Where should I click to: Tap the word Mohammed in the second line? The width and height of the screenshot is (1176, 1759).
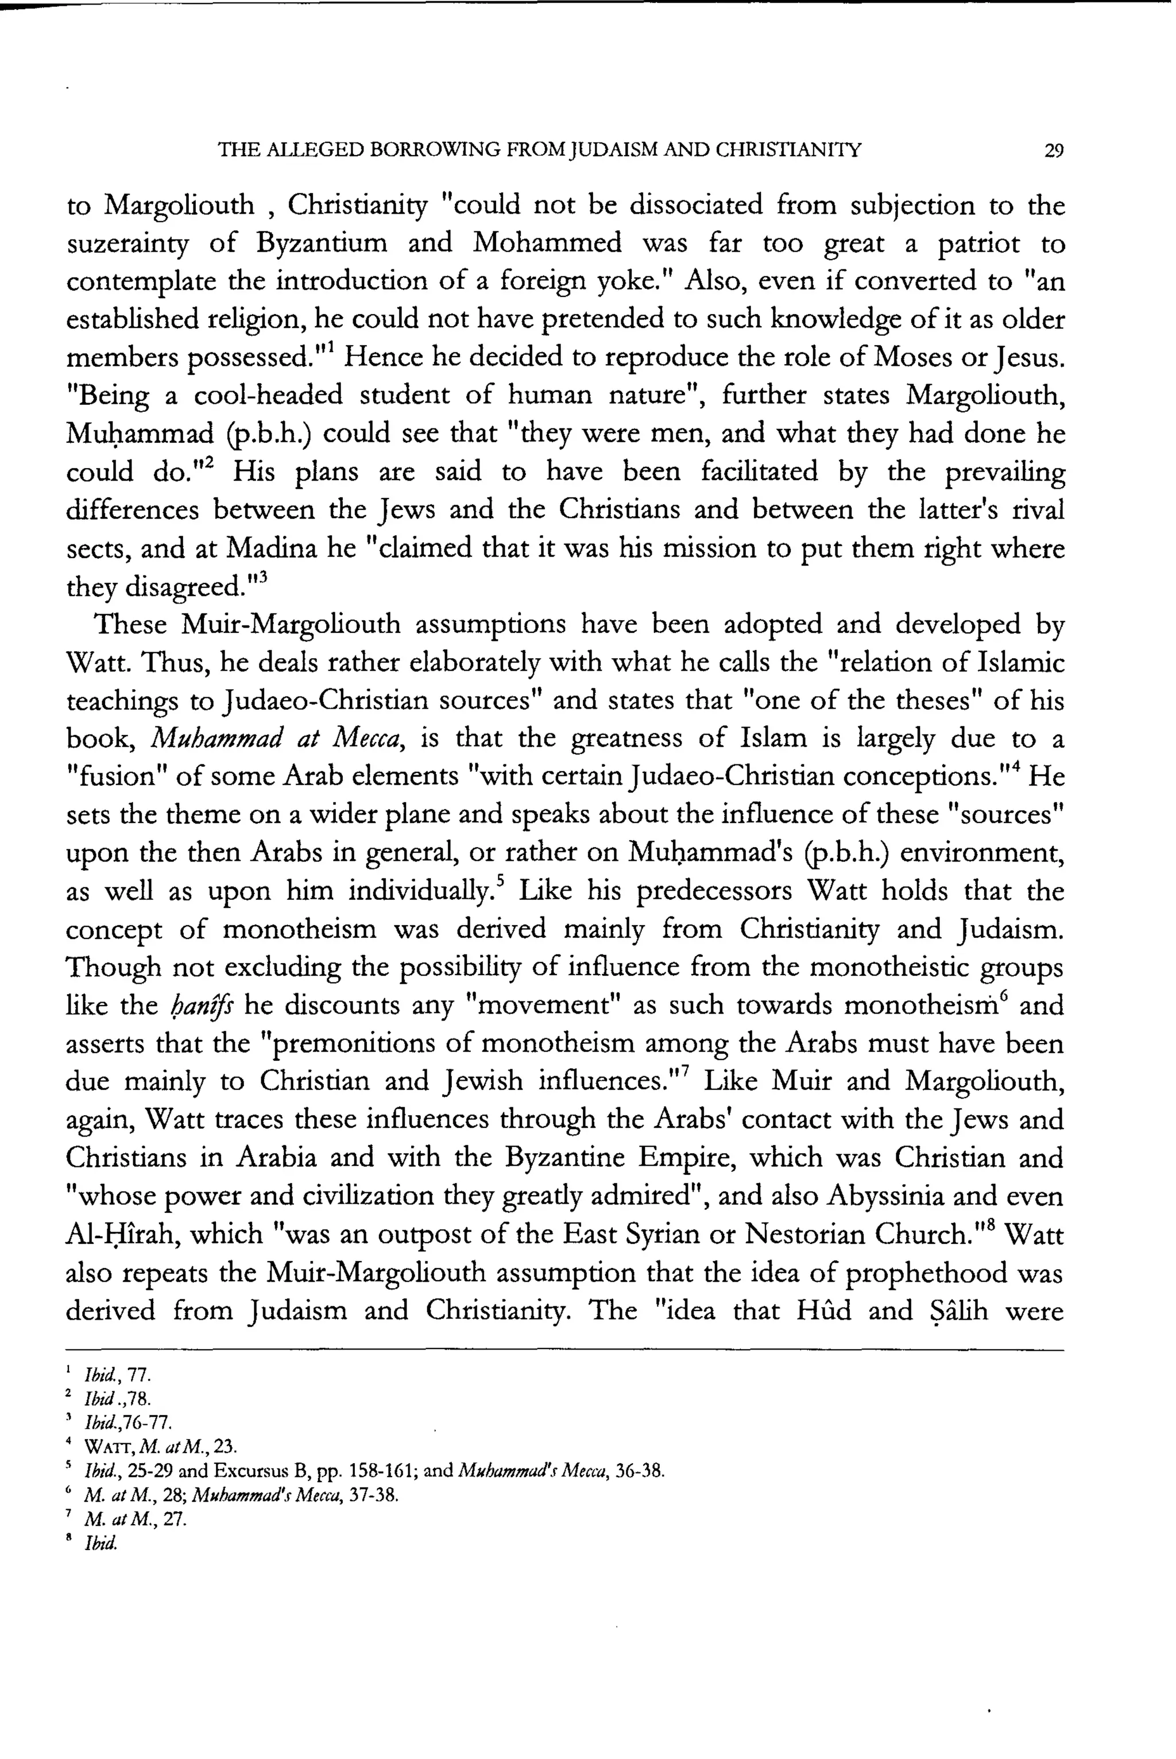point(548,244)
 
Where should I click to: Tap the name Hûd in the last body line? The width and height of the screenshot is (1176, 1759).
point(823,1311)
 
